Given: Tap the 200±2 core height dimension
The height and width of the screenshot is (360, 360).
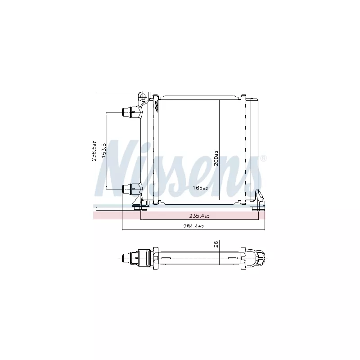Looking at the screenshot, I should tap(216, 159).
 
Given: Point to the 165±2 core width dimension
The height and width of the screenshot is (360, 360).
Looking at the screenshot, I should tap(200, 188).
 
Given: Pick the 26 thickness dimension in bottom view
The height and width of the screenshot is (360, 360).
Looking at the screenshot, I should tap(216, 244).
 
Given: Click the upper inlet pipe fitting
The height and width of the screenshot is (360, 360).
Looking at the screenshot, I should tap(130, 112).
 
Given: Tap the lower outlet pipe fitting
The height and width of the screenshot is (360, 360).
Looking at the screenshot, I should tap(130, 189).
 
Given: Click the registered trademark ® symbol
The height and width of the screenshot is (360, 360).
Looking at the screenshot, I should tap(264, 158).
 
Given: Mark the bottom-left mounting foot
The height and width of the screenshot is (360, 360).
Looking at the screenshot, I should tap(142, 205).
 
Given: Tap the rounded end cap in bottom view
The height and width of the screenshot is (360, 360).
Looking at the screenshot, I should tap(261, 257).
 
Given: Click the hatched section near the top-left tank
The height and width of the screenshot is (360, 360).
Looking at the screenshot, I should tap(157, 106).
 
